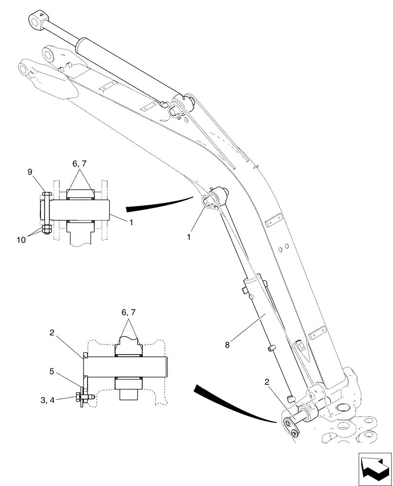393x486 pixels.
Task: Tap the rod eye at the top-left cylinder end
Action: click(37, 21)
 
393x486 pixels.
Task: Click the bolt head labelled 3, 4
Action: click(79, 398)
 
